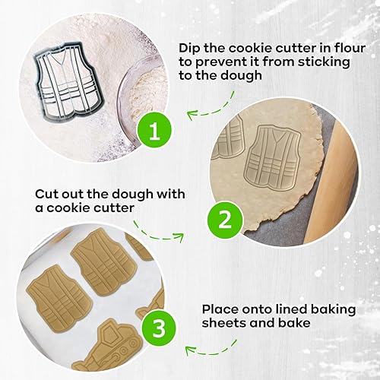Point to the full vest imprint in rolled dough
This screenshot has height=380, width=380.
point(281,157)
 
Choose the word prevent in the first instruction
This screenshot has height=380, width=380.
point(230,60)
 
